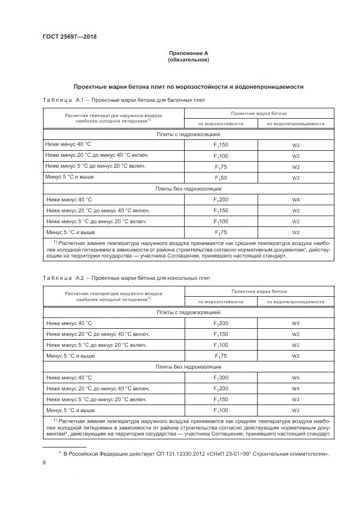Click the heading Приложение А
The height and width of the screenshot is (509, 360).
[x=188, y=53]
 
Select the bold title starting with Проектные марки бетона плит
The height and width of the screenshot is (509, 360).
[x=188, y=87]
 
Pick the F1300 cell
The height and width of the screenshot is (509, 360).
[x=221, y=377]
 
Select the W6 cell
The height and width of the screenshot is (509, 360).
[x=296, y=377]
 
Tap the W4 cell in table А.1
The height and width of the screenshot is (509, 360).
[x=296, y=200]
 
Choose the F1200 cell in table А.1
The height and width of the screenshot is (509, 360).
[x=221, y=200]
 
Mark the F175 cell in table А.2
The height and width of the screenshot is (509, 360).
[x=221, y=356]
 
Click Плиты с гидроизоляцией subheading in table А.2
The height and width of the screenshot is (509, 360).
[x=188, y=312]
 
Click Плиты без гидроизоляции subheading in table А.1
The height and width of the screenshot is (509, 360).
[x=188, y=189]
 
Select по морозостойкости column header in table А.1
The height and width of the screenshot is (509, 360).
[x=221, y=124]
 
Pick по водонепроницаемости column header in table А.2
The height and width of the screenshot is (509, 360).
[x=296, y=302]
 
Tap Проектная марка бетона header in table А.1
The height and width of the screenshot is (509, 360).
[x=259, y=113]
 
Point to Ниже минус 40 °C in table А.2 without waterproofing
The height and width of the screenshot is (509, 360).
[x=69, y=377]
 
